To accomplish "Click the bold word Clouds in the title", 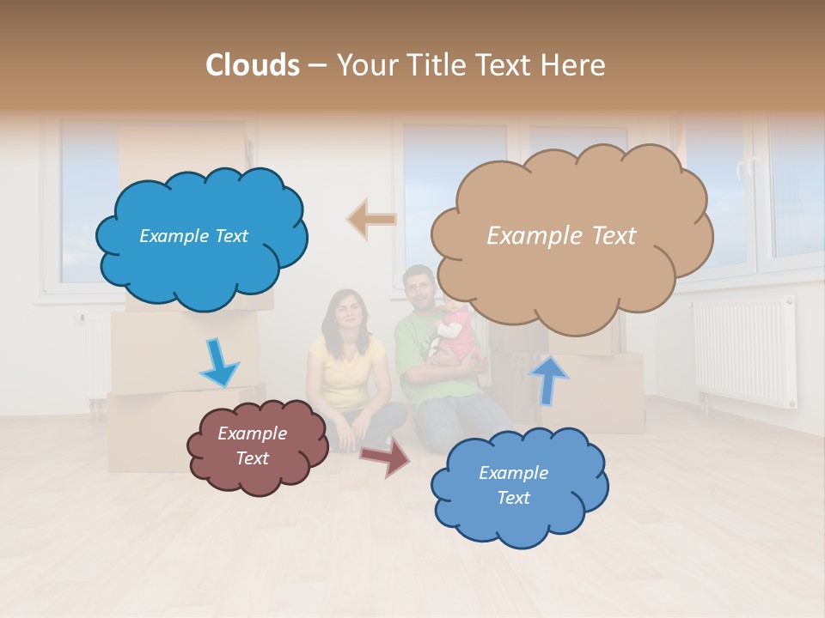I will tap(253, 65).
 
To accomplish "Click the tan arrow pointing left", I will tap(371, 220).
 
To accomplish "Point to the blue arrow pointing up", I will tap(548, 379).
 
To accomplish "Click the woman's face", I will tap(346, 310).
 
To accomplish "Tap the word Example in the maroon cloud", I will tap(252, 433).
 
